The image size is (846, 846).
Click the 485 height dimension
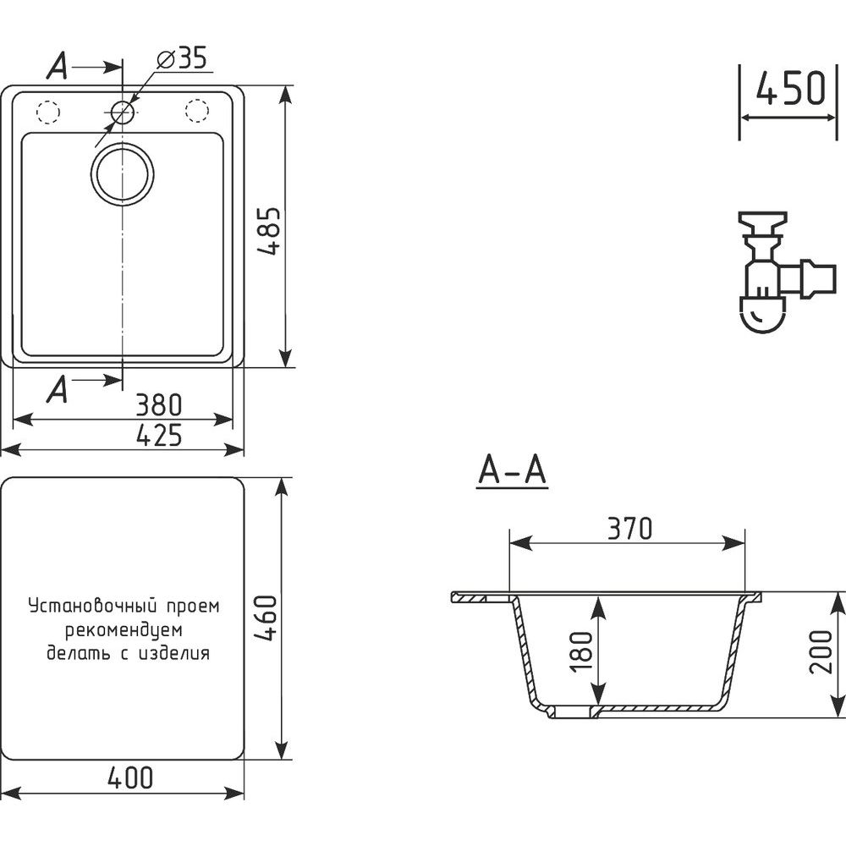coord(269,230)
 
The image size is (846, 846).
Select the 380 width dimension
coord(159,405)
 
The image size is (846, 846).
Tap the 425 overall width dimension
coord(159,436)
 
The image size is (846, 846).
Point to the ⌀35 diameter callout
coord(182,58)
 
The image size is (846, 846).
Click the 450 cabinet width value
coord(790,88)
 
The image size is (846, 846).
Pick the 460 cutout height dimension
coord(266,618)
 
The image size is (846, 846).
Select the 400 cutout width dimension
coord(130,777)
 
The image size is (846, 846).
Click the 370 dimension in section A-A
coord(629,529)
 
